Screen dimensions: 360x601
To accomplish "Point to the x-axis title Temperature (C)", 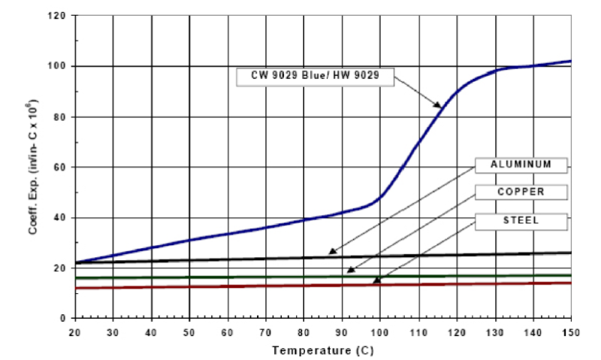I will (322, 350).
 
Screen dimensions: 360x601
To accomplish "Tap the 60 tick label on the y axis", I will (62, 167).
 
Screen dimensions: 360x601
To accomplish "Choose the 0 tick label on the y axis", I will (65, 318).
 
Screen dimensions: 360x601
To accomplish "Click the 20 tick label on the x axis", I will (75, 331).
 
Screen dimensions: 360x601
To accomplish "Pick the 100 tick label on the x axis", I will (379, 331).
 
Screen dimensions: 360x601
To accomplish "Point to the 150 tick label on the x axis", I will (570, 331).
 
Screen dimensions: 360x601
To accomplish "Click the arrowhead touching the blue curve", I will (439, 105).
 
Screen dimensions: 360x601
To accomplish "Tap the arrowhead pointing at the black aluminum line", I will (331, 253).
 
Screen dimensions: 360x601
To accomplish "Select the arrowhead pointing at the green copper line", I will (349, 271).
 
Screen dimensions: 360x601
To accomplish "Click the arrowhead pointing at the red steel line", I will (376, 281).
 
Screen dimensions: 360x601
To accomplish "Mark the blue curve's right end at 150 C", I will (570, 61).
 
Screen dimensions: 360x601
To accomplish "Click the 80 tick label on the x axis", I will (304, 331).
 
